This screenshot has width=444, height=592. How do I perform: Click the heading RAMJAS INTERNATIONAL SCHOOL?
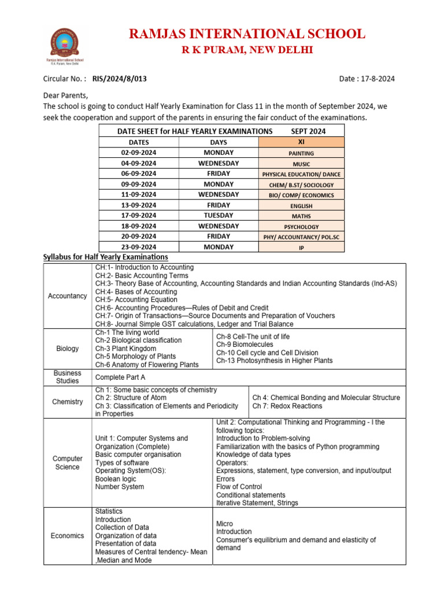pos(247,34)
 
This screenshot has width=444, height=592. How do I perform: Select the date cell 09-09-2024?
pos(138,184)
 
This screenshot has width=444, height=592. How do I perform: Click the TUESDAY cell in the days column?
pos(219,216)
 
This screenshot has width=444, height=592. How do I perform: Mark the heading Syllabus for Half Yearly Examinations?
pos(106,257)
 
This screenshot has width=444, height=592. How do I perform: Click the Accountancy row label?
pos(68,296)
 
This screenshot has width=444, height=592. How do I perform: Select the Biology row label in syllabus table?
pos(68,349)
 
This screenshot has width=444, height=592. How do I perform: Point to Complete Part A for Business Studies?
pos(120,378)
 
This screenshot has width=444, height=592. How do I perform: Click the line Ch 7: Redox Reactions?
pos(287,406)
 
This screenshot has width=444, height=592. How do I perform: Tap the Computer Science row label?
pos(68,462)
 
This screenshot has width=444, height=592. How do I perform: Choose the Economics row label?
pos(68,536)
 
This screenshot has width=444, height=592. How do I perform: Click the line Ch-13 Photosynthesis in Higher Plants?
pos(274,361)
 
